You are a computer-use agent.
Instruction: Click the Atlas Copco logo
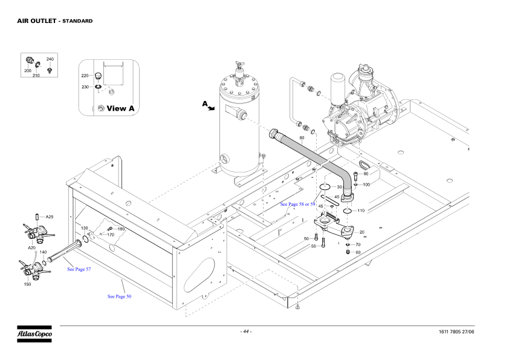(34, 334)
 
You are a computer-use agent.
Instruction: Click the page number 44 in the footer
(246, 332)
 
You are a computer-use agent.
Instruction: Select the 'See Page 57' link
(79, 269)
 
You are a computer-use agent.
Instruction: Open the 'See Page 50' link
(120, 296)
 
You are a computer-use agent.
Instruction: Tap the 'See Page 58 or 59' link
(297, 205)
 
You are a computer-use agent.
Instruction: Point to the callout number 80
(302, 138)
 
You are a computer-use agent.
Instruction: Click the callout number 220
(85, 76)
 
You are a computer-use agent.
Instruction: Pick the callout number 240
(50, 59)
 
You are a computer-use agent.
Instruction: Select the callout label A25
(50, 217)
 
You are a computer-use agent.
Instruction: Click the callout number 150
(28, 284)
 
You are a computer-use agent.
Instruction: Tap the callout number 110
(361, 211)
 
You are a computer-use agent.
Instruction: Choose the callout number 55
(314, 246)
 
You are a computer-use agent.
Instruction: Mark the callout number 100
(366, 185)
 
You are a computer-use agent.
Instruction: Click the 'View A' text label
(120, 108)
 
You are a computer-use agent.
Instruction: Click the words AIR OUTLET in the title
(37, 21)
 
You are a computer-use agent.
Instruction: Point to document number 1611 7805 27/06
(456, 332)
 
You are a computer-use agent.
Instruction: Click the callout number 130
(85, 228)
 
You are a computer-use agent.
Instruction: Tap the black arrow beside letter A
(212, 108)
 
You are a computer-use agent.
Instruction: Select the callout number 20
(362, 232)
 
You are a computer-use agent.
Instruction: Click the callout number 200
(28, 71)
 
